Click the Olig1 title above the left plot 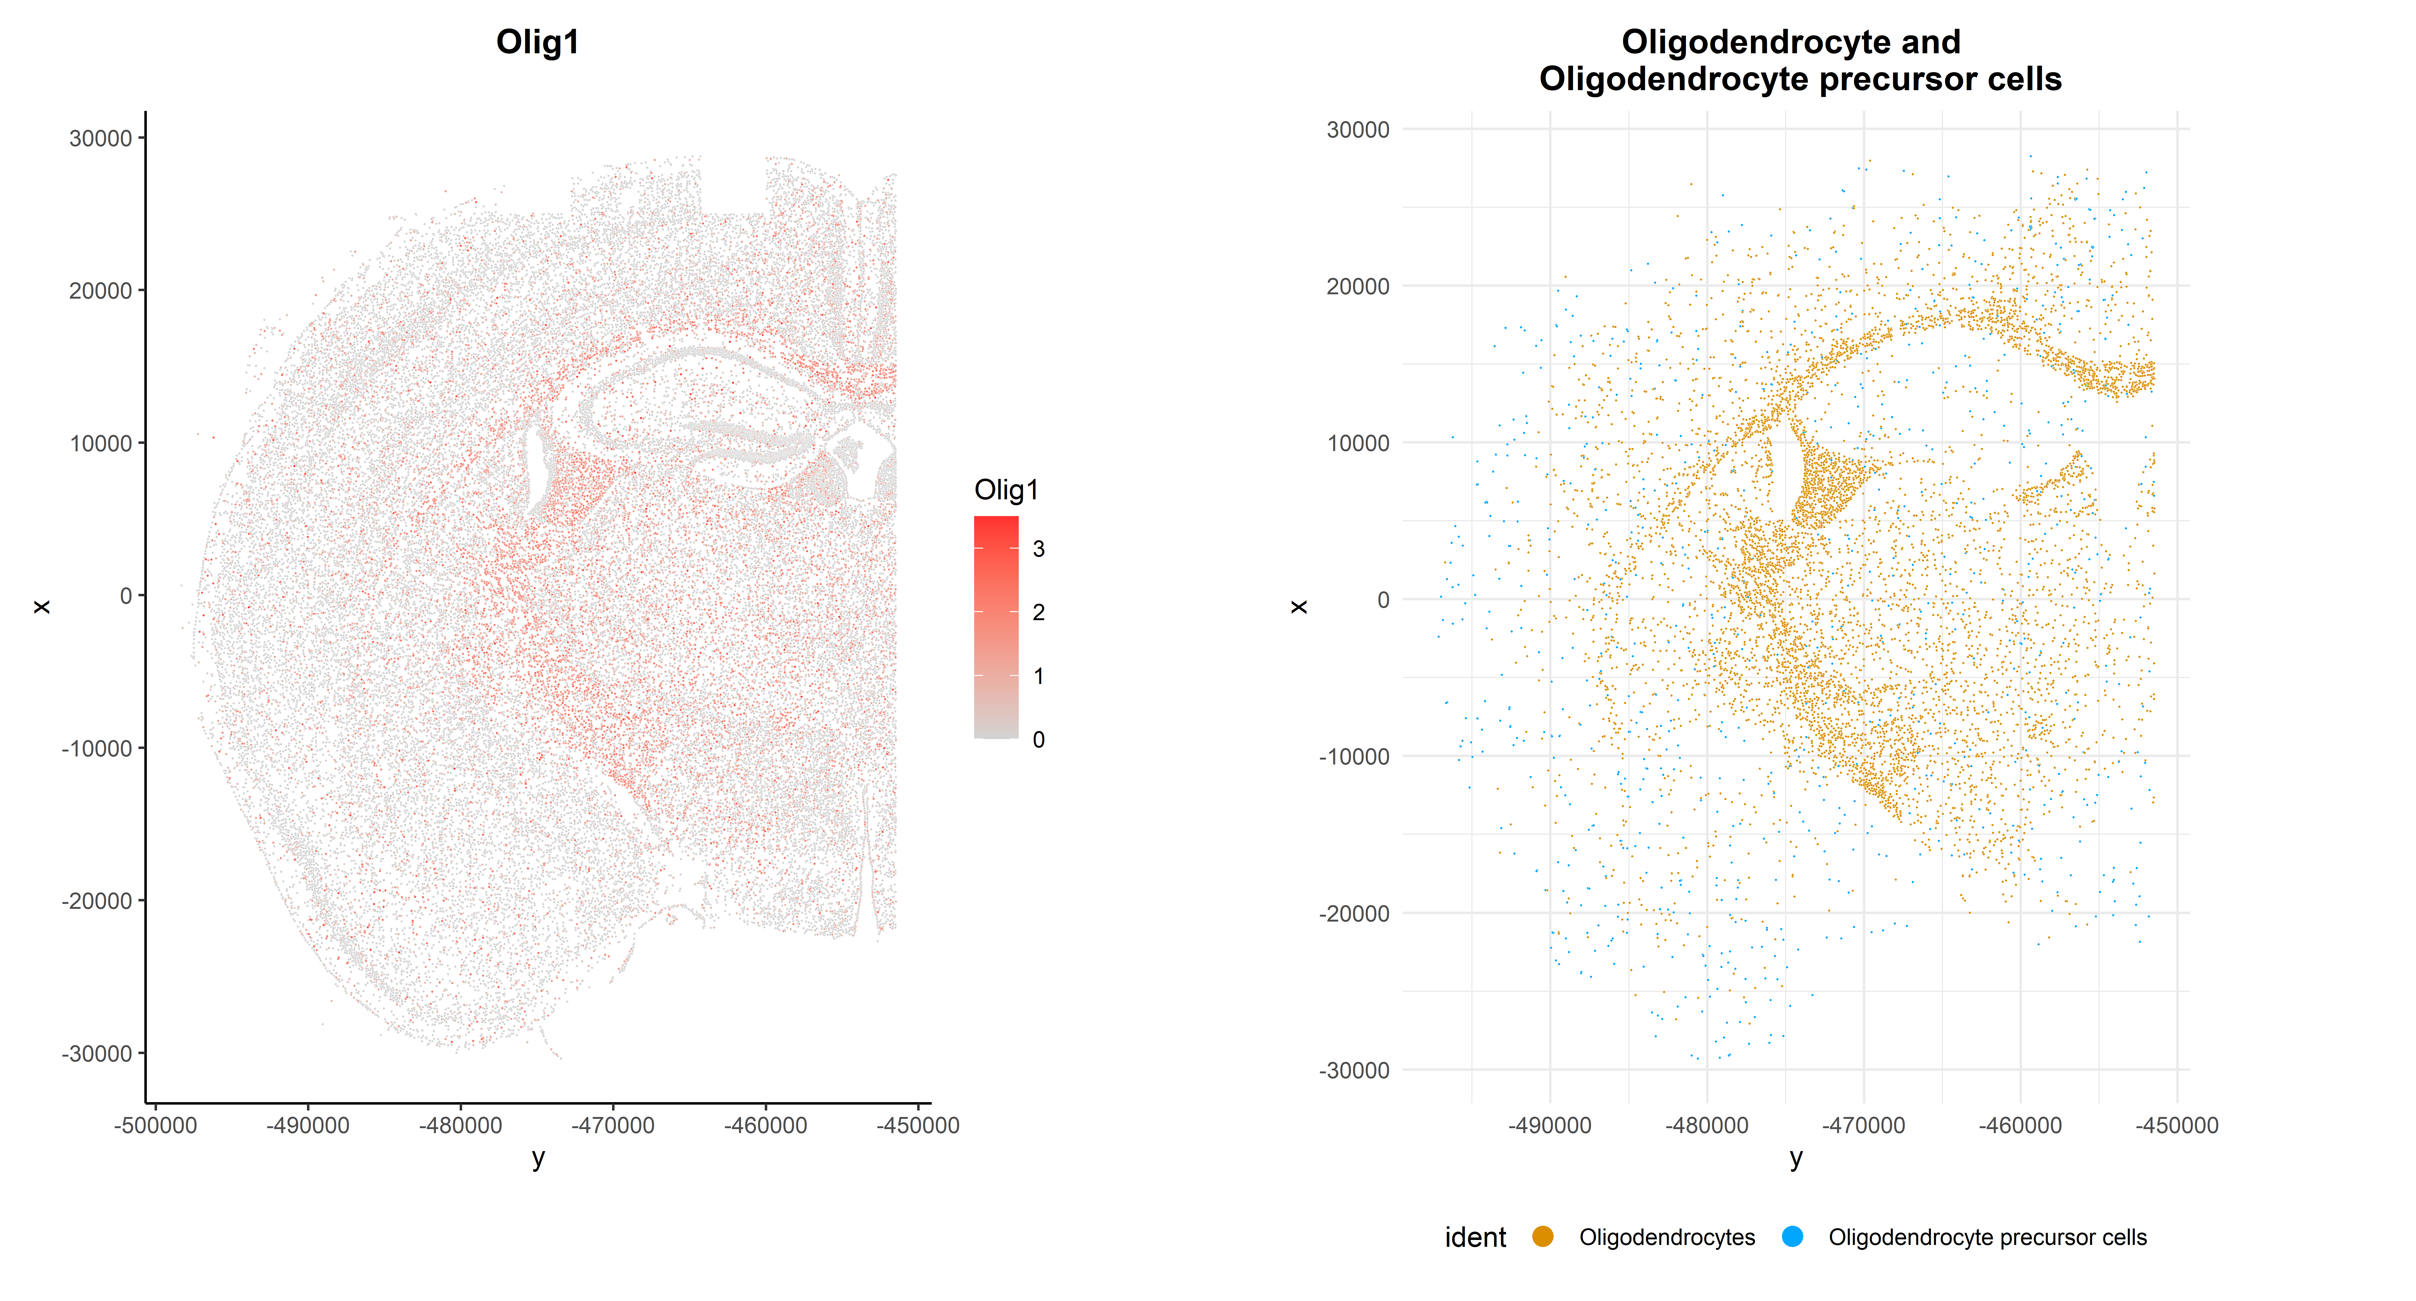tap(537, 42)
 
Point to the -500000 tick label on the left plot tap(156, 1126)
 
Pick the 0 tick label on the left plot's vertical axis tap(126, 596)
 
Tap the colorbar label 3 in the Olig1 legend tap(1038, 549)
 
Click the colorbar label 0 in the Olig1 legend tap(1038, 739)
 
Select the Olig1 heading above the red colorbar tap(1006, 490)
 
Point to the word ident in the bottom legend tap(1475, 1237)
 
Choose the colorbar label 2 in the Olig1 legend tap(1038, 612)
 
